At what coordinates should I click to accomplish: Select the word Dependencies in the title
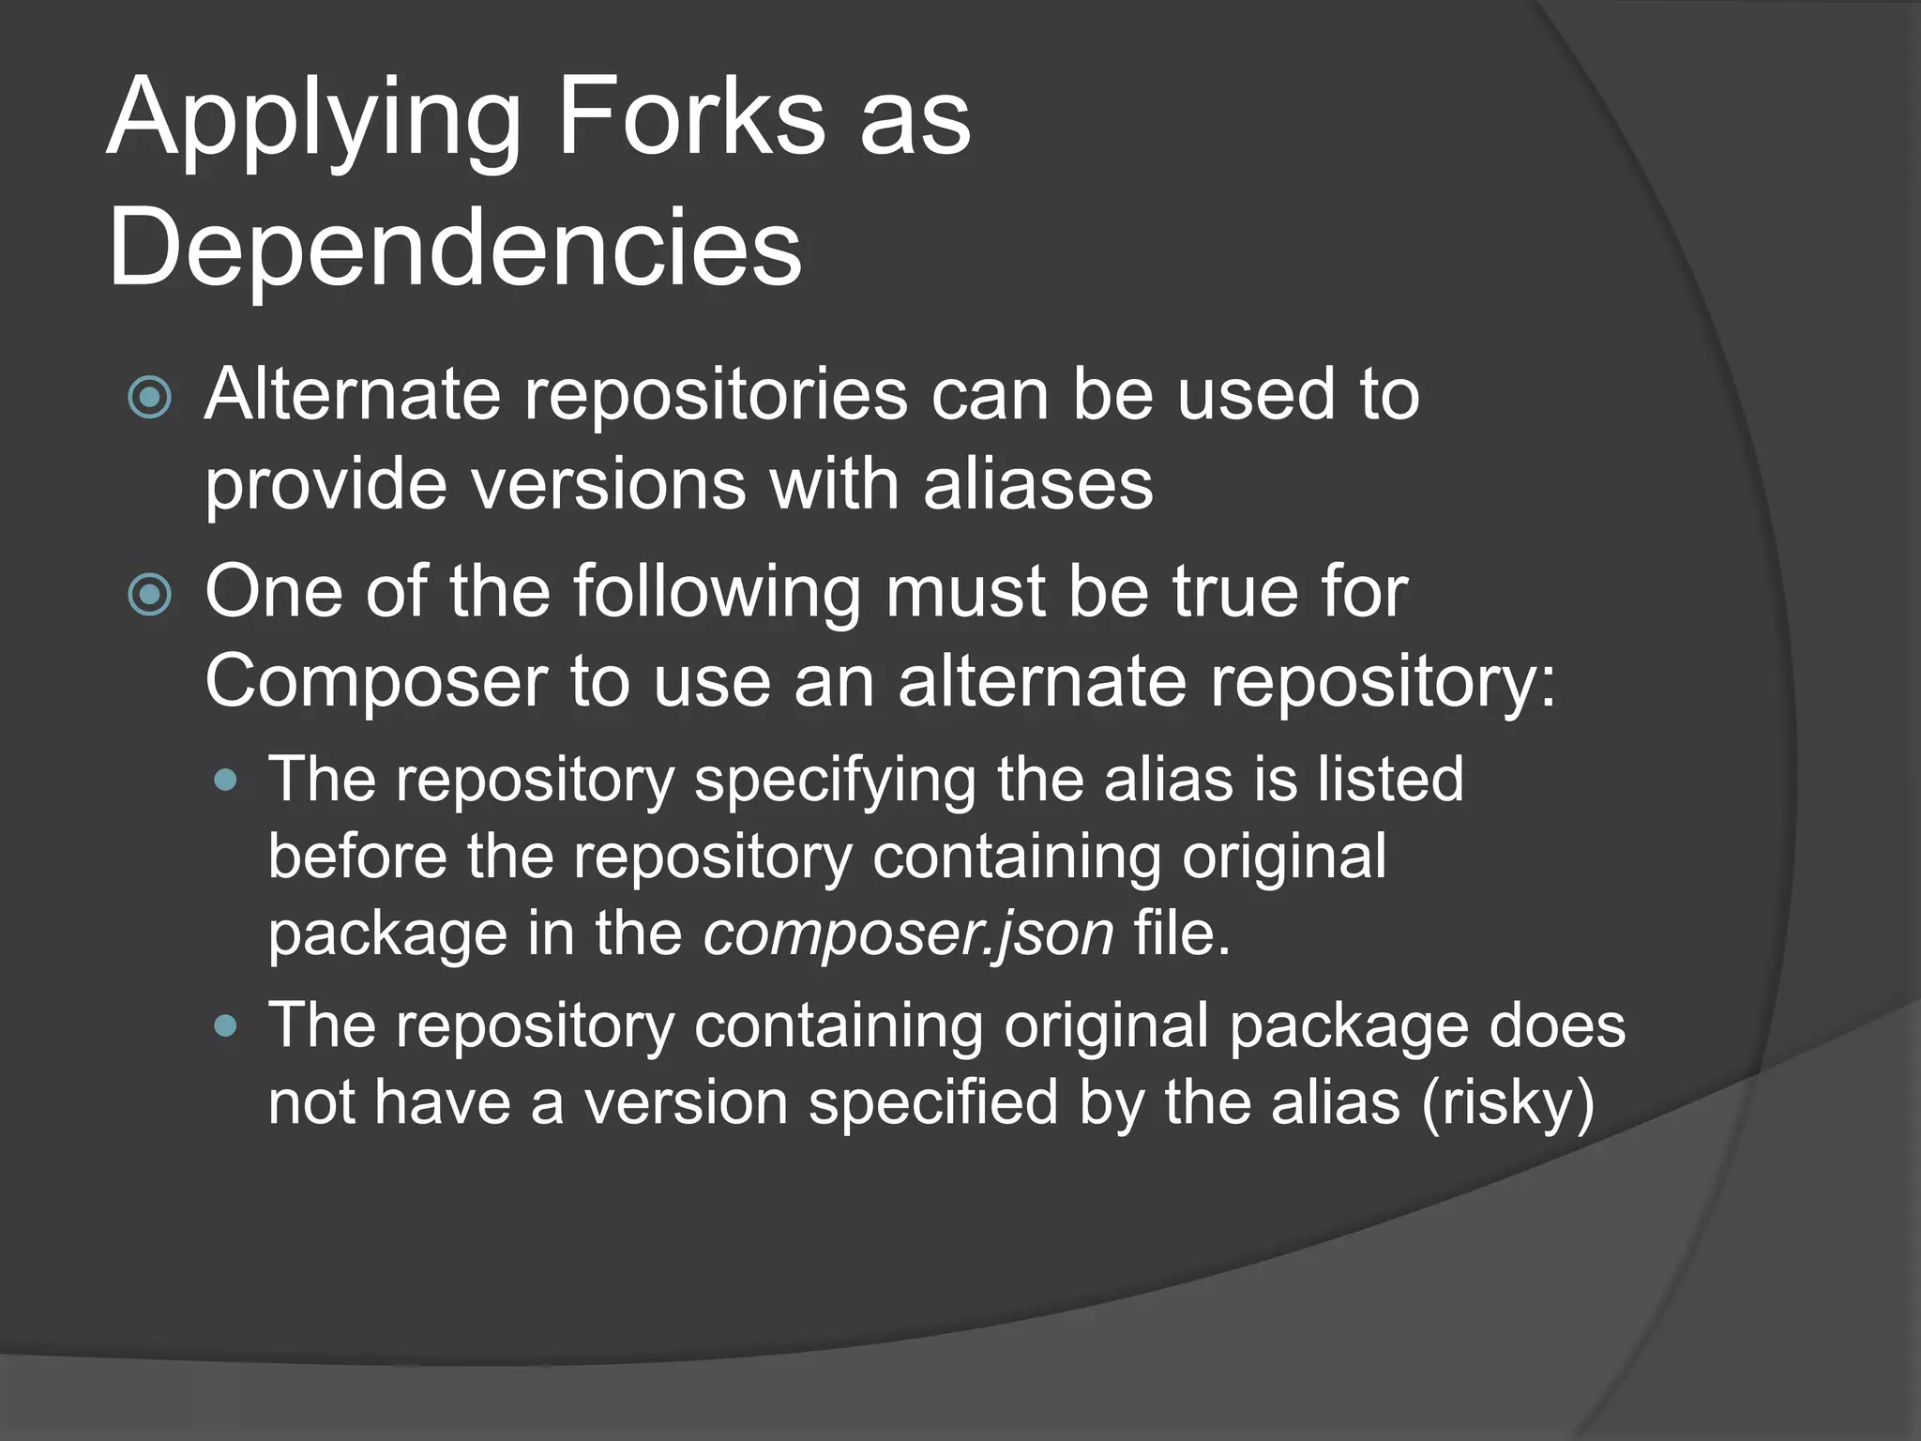click(455, 249)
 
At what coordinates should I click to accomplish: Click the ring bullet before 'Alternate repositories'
click(150, 397)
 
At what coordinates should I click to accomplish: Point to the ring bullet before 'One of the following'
click(150, 595)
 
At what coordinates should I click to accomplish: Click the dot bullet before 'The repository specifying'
click(225, 780)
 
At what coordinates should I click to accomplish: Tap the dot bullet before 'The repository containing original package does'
click(225, 1025)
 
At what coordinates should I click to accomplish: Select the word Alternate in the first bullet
click(353, 394)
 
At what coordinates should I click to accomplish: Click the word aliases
click(1037, 484)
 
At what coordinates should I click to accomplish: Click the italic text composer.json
click(909, 933)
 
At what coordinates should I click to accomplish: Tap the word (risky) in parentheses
click(1507, 1102)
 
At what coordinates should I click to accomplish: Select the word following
click(717, 593)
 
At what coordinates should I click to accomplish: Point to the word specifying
click(834, 780)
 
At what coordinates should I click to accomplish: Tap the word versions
click(607, 484)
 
